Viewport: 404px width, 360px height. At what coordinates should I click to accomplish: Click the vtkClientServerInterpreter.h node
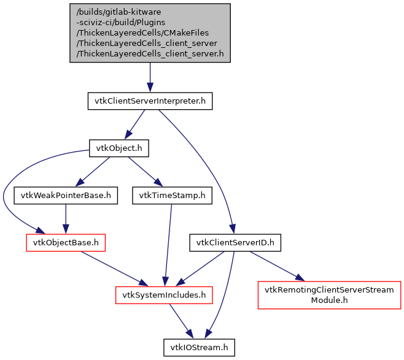pyautogui.click(x=150, y=101)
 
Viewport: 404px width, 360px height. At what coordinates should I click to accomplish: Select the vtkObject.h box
pyautogui.click(x=119, y=148)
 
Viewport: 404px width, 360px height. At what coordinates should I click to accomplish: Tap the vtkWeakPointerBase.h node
pyautogui.click(x=66, y=196)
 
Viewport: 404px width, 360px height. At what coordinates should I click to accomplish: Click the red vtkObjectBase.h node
pyautogui.click(x=66, y=243)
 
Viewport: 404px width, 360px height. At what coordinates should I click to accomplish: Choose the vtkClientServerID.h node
pyautogui.click(x=235, y=243)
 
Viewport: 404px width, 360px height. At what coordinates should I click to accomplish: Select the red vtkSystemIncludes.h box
pyautogui.click(x=164, y=295)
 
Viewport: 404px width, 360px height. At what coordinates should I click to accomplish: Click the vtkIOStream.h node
pyautogui.click(x=199, y=347)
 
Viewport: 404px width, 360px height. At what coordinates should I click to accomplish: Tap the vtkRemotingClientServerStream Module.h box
pyautogui.click(x=329, y=295)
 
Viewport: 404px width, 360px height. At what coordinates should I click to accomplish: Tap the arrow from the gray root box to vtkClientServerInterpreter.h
pyautogui.click(x=150, y=77)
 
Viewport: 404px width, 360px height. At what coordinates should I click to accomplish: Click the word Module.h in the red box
pyautogui.click(x=329, y=301)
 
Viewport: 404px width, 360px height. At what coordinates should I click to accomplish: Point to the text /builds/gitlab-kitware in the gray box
pyautogui.click(x=118, y=12)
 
